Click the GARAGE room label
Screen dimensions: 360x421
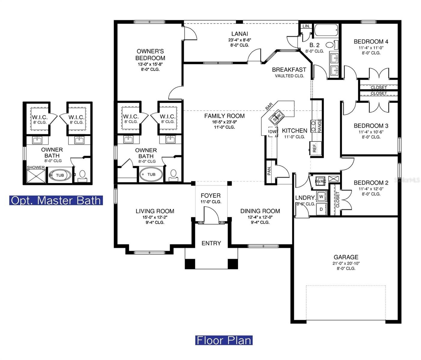346,257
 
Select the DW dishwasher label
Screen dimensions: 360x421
272,132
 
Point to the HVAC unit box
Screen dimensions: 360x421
320,181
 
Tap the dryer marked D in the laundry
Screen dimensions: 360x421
321,209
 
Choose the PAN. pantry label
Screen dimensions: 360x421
269,171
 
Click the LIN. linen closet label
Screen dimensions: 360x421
306,26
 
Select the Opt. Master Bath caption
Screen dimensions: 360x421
56,200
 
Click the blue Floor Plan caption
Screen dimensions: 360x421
224,340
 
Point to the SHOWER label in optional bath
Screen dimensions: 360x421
36,167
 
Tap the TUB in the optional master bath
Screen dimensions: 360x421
60,175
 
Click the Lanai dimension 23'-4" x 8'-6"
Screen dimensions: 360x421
239,40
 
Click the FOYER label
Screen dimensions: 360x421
210,196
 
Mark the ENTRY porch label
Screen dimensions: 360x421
211,243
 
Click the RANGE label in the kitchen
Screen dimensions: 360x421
320,125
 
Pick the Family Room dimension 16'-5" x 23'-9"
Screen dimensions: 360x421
224,122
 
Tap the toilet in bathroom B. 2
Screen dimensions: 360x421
329,45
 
